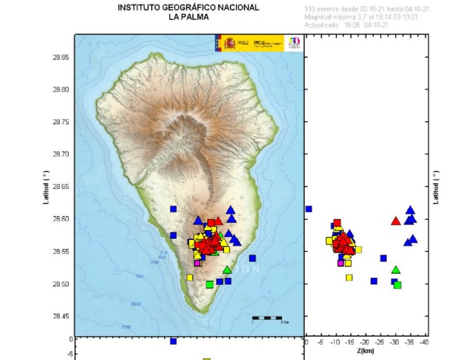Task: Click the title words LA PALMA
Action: point(188,18)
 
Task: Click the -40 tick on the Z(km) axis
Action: point(425,342)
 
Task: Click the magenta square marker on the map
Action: point(198,263)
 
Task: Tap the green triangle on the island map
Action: point(227,269)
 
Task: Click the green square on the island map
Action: point(209,284)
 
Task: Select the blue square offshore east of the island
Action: point(252,258)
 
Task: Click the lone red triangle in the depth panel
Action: point(395,221)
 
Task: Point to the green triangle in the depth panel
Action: point(396,269)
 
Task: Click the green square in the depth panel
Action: point(397,285)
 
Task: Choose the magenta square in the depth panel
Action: point(340,263)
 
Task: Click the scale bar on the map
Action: point(267,318)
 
